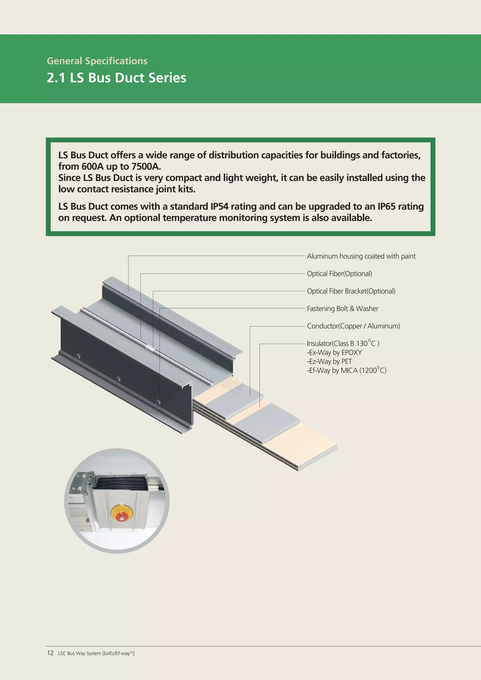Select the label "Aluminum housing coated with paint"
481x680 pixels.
[361, 256]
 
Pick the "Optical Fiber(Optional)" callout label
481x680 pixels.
[339, 274]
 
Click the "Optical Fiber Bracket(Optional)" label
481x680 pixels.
[351, 291]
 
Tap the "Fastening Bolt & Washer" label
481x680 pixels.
[342, 309]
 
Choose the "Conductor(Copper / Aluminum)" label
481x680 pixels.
[353, 326]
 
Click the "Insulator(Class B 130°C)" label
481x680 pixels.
[343, 344]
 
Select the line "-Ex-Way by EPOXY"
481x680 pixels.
[334, 352]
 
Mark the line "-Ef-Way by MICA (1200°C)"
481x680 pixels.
[346, 370]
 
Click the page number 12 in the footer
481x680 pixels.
[50, 653]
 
